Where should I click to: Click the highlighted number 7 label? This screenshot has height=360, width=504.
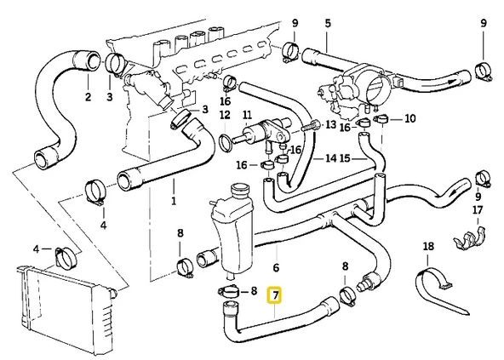point(274,295)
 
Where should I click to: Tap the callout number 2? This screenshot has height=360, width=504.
point(88,97)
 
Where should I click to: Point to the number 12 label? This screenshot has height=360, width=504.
point(225,115)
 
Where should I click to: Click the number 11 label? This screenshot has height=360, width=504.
point(247,115)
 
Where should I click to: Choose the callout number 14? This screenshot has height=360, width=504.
point(331,158)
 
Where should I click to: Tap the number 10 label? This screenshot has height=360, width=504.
point(410,117)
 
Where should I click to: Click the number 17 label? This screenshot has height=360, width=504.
point(478,209)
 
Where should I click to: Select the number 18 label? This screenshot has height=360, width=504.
point(428,247)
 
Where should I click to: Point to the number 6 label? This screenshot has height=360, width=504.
point(275,267)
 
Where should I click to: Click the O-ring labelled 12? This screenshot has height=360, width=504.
point(226,139)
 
